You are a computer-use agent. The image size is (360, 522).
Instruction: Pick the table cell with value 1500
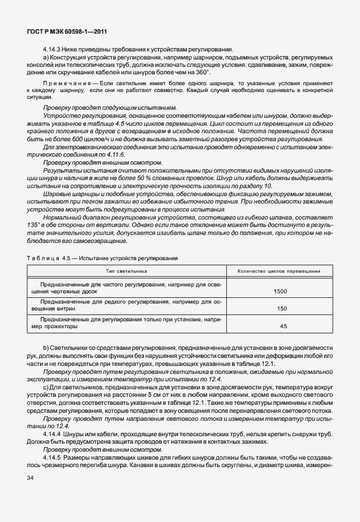(280, 292)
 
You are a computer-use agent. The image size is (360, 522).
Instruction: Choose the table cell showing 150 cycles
(281, 309)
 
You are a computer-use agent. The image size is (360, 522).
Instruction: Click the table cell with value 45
(283, 326)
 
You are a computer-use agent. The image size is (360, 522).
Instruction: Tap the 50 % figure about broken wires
(158, 179)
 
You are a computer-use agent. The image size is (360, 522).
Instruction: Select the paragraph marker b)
(46, 348)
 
